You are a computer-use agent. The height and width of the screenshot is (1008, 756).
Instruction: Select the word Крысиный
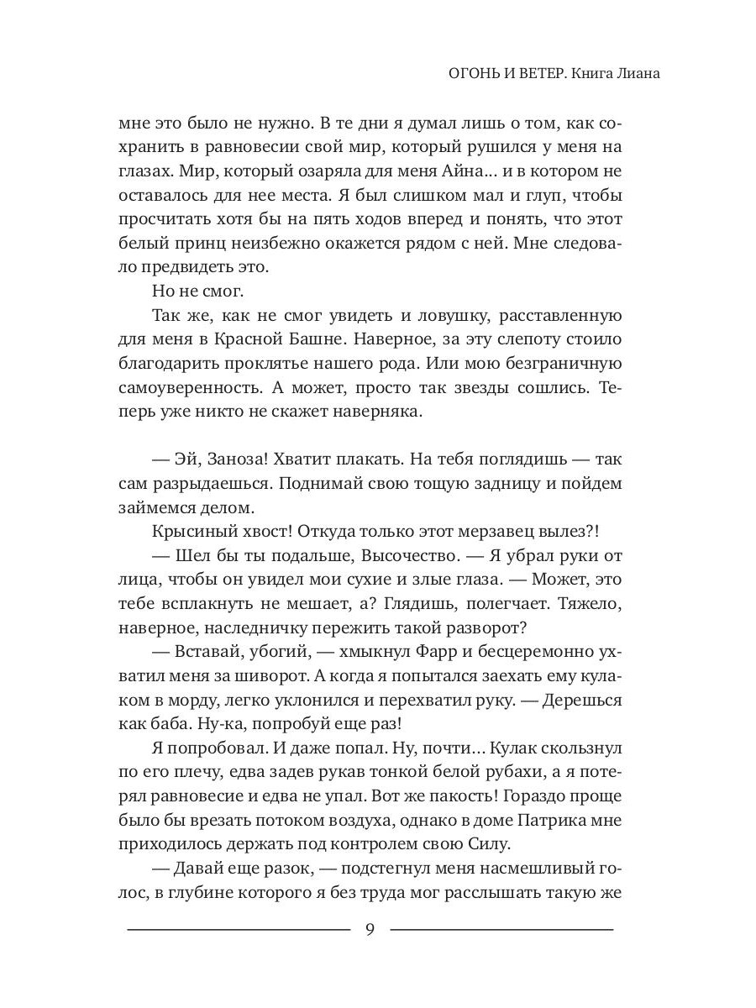pyautogui.click(x=192, y=533)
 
